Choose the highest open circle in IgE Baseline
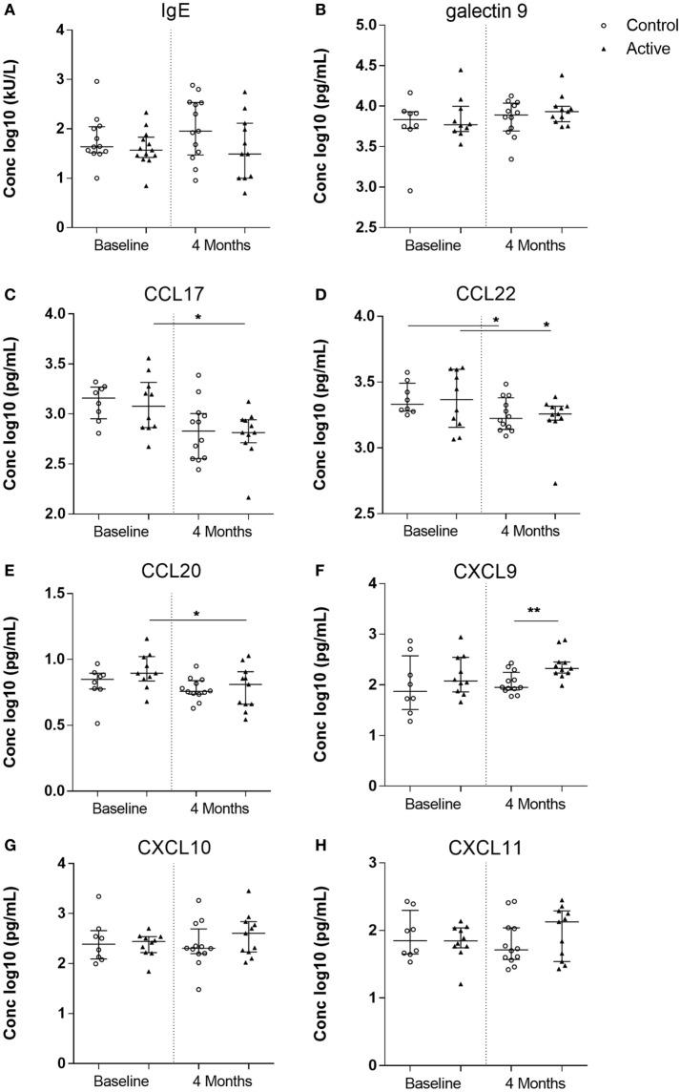[96, 82]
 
